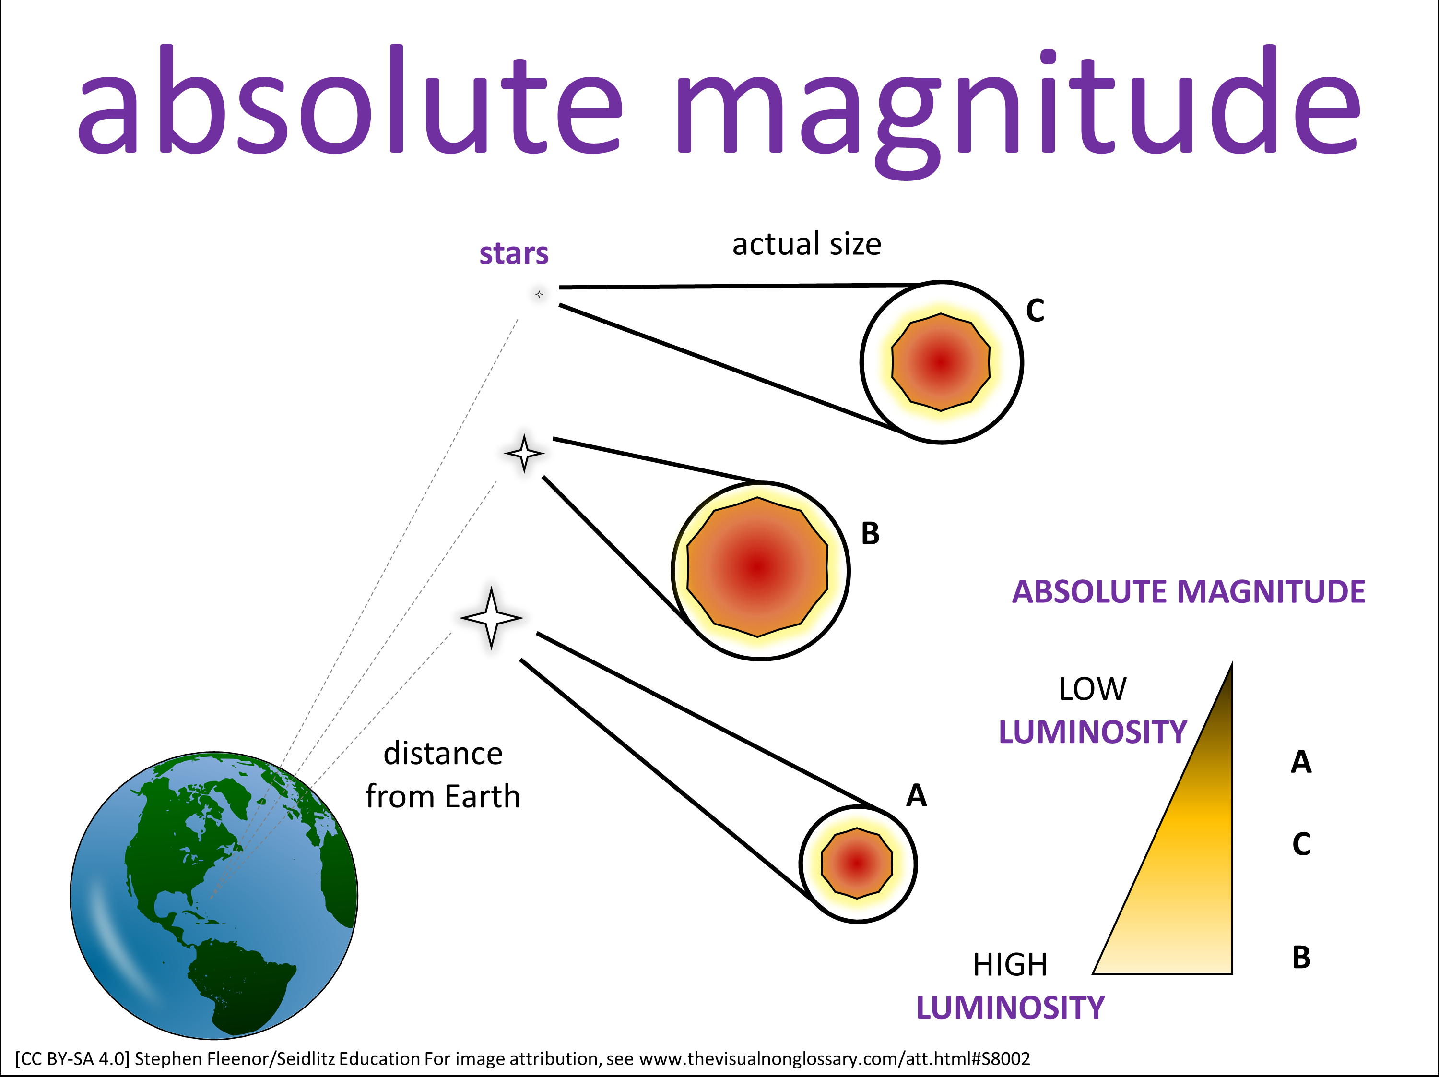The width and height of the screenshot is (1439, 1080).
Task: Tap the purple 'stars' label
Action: pyautogui.click(x=514, y=253)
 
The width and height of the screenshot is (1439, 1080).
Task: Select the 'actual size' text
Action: pyautogui.click(x=807, y=244)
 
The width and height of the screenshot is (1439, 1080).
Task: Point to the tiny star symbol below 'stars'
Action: pyautogui.click(x=539, y=294)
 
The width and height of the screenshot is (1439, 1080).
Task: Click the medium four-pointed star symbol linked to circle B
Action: pyautogui.click(x=524, y=453)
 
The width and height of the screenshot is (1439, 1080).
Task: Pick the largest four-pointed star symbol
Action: pyautogui.click(x=491, y=618)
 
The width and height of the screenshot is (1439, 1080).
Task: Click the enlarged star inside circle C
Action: pyautogui.click(x=941, y=362)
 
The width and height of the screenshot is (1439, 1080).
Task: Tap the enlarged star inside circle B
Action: pyautogui.click(x=758, y=567)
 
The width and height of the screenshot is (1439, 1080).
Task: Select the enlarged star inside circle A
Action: pyautogui.click(x=857, y=863)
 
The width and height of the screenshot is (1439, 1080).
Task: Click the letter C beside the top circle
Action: pyautogui.click(x=1035, y=311)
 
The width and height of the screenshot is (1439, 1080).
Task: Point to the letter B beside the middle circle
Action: pyautogui.click(x=871, y=534)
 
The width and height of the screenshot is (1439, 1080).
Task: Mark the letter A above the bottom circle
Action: pyautogui.click(x=917, y=795)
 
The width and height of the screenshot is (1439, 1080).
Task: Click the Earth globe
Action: pyautogui.click(x=214, y=895)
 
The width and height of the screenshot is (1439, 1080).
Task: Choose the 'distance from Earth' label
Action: pyautogui.click(x=443, y=775)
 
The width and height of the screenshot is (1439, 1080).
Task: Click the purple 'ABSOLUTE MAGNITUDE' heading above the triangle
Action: pyautogui.click(x=1189, y=592)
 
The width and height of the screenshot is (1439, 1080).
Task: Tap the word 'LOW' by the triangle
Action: pyautogui.click(x=1092, y=689)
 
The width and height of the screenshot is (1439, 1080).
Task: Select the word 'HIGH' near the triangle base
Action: pyautogui.click(x=1010, y=965)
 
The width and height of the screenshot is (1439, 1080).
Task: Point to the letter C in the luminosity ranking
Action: pyautogui.click(x=1301, y=844)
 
